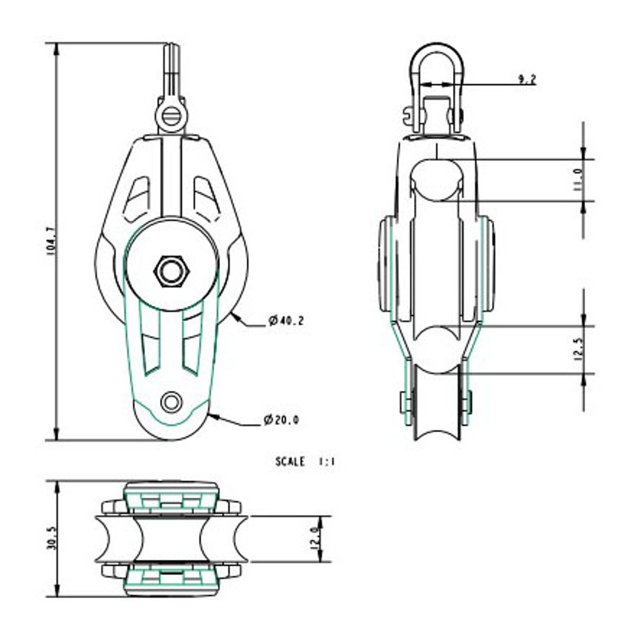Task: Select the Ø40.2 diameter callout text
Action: click(286, 321)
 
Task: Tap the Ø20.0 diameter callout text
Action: click(281, 420)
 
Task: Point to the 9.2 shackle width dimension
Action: click(526, 79)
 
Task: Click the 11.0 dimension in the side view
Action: click(578, 180)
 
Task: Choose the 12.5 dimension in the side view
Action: click(578, 350)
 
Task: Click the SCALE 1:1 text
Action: click(305, 462)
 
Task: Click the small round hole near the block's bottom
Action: click(171, 402)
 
